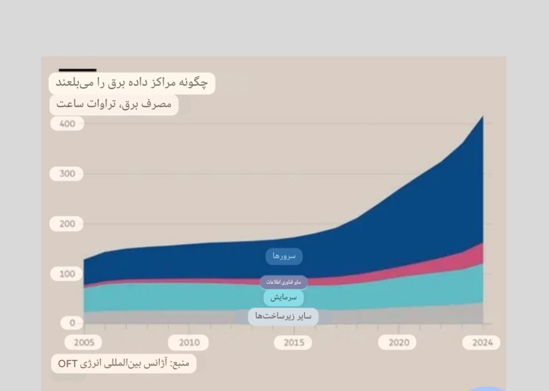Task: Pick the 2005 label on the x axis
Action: tap(84, 343)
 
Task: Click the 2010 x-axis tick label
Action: tap(189, 343)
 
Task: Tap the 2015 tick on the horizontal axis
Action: tap(294, 343)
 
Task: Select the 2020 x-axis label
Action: tap(398, 343)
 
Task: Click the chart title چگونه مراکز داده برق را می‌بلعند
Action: tap(132, 84)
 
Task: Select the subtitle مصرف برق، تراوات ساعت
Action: tap(114, 104)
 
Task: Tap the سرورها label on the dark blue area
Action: tap(284, 257)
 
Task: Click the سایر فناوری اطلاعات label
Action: tap(284, 282)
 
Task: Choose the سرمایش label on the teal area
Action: tap(284, 297)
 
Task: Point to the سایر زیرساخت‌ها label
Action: tap(284, 316)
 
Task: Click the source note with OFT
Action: tap(124, 364)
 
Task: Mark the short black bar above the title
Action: tap(78, 70)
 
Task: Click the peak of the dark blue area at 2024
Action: tap(483, 117)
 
